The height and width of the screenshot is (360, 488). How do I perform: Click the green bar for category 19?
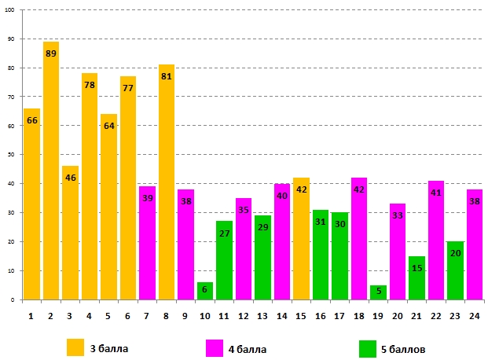(378, 292)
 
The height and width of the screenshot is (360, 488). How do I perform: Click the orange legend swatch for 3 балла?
(75, 346)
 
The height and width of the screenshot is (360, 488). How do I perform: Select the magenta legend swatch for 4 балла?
(215, 346)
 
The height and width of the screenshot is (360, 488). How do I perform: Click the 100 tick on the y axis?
(11, 11)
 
